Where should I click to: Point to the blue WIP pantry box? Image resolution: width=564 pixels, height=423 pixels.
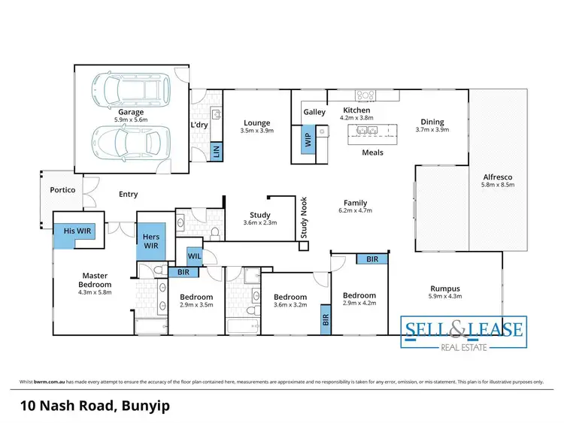(307, 140)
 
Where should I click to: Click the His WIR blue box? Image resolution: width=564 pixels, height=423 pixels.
(74, 232)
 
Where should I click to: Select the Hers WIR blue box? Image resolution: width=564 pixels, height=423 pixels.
(151, 241)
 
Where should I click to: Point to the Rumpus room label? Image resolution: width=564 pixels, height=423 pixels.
(445, 288)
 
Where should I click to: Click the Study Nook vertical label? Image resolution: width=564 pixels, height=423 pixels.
(305, 217)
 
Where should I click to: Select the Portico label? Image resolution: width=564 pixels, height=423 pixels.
(62, 190)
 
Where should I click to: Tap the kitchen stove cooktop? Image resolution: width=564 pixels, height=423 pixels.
(366, 95)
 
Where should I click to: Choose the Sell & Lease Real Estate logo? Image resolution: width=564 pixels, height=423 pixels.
(462, 332)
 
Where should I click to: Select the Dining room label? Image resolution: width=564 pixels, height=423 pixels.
(432, 122)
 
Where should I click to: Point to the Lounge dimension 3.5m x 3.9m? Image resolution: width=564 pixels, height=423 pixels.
(256, 131)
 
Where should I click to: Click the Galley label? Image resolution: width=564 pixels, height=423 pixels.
(314, 112)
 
